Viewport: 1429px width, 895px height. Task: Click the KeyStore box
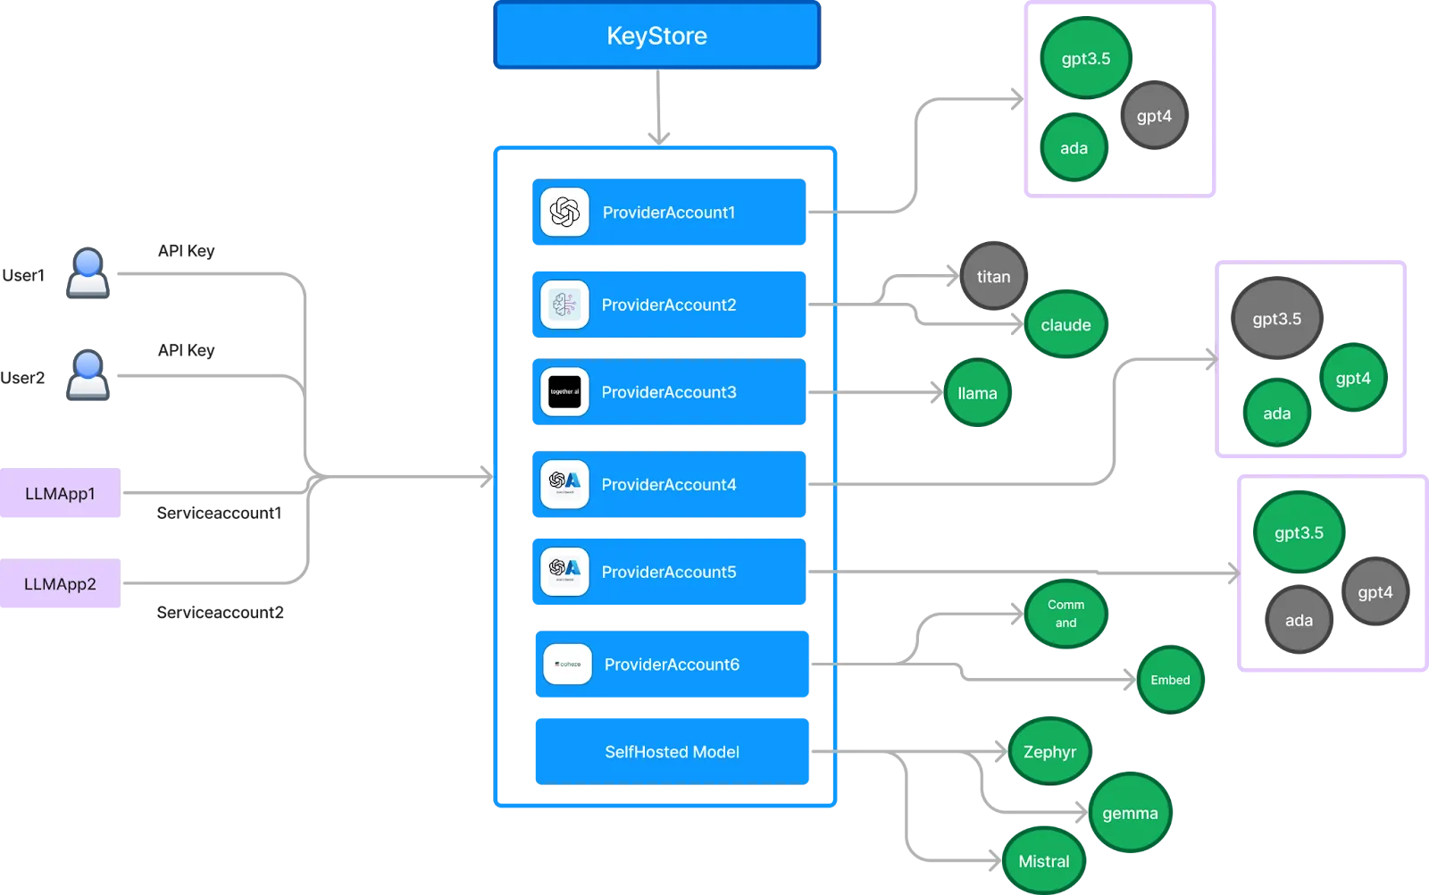coord(656,36)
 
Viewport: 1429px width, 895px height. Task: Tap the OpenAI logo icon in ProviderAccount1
coord(564,213)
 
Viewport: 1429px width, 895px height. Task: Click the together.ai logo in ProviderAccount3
coord(564,392)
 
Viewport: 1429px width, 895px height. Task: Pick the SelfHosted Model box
coord(672,751)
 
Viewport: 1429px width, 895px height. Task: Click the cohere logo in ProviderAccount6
coord(567,665)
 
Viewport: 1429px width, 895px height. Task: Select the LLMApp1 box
coord(60,493)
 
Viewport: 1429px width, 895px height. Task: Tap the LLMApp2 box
coord(60,584)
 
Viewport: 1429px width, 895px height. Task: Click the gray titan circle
coord(993,277)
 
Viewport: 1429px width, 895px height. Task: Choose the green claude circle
coord(1065,325)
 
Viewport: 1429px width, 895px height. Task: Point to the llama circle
coord(977,393)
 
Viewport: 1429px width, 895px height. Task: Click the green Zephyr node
coord(1049,752)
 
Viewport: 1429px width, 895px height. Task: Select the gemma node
coord(1130,814)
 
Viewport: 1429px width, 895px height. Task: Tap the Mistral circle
coord(1043,861)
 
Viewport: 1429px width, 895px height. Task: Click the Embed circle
coord(1170,680)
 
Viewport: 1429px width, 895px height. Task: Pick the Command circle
coord(1065,614)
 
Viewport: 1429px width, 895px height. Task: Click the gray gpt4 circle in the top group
coord(1154,116)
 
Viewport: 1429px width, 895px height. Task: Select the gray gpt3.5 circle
coord(1276,319)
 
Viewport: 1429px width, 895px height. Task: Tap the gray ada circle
coord(1299,620)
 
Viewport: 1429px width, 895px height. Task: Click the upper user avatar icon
coord(88,272)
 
